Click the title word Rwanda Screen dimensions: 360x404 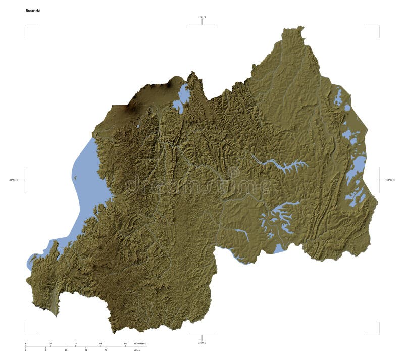[33, 10]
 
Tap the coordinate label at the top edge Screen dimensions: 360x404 [202, 18]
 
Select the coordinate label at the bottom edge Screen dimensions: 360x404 [202, 343]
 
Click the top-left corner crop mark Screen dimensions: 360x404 [25, 25]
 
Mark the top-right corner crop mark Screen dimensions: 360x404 [378, 25]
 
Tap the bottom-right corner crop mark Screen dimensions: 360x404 [378, 334]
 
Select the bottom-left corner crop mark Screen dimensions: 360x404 [25, 334]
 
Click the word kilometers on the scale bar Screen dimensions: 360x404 [139, 344]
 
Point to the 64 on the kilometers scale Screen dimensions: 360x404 [125, 344]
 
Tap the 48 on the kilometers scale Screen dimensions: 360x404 [100, 344]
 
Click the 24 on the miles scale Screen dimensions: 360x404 [86, 350]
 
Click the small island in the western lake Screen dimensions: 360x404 [75, 177]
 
